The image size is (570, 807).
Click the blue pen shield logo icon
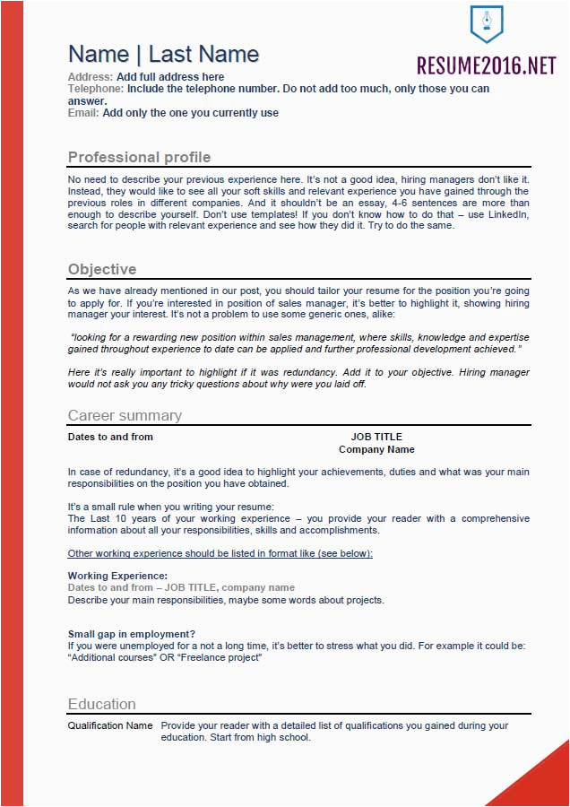[x=487, y=24]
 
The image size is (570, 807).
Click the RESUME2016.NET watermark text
[x=486, y=65]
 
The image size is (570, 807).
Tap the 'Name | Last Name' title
[x=163, y=54]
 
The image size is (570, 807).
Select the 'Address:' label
[x=91, y=77]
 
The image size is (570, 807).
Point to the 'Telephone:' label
[x=96, y=89]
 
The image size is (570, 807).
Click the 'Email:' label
[x=84, y=113]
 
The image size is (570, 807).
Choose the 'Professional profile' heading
[x=139, y=158]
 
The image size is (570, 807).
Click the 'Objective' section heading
[x=102, y=270]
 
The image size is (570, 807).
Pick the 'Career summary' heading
[x=125, y=415]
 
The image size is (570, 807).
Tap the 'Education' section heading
[x=102, y=704]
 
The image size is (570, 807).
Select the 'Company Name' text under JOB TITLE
[x=376, y=450]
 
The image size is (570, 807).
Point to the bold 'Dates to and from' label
[x=110, y=438]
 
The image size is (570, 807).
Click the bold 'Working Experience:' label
[x=117, y=576]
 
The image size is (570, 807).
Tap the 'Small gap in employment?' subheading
[x=132, y=634]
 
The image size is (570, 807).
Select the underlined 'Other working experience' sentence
[x=220, y=553]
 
